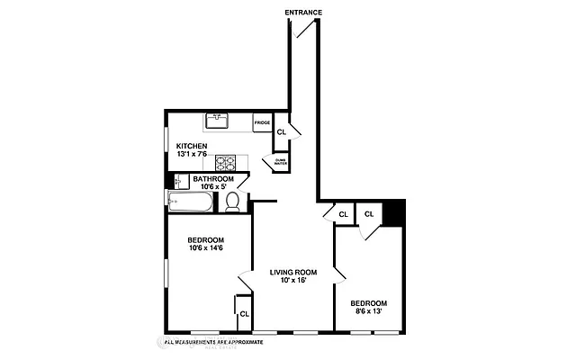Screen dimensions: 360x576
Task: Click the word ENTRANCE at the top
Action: tap(303, 12)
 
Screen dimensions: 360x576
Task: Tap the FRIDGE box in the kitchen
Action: tap(263, 122)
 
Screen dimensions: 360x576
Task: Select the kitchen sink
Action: tap(218, 121)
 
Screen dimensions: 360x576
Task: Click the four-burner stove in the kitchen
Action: tap(225, 163)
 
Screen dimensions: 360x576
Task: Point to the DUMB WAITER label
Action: tap(280, 163)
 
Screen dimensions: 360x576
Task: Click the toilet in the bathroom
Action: tap(232, 202)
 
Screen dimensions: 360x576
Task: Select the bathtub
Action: tap(190, 202)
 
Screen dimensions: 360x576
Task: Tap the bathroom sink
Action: tap(181, 181)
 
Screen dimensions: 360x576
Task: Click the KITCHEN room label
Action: tap(192, 146)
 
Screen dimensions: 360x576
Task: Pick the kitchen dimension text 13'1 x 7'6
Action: tap(192, 155)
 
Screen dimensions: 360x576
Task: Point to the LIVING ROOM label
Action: tap(294, 273)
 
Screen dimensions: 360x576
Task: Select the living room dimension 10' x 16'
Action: tap(294, 282)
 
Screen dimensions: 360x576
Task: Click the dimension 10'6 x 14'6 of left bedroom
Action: tap(206, 248)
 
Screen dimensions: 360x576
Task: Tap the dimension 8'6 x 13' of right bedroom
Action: tap(369, 311)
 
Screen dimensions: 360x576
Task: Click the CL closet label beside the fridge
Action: tap(281, 131)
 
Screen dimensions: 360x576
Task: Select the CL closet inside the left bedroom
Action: tap(244, 313)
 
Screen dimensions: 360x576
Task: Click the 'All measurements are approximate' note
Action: tap(214, 342)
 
